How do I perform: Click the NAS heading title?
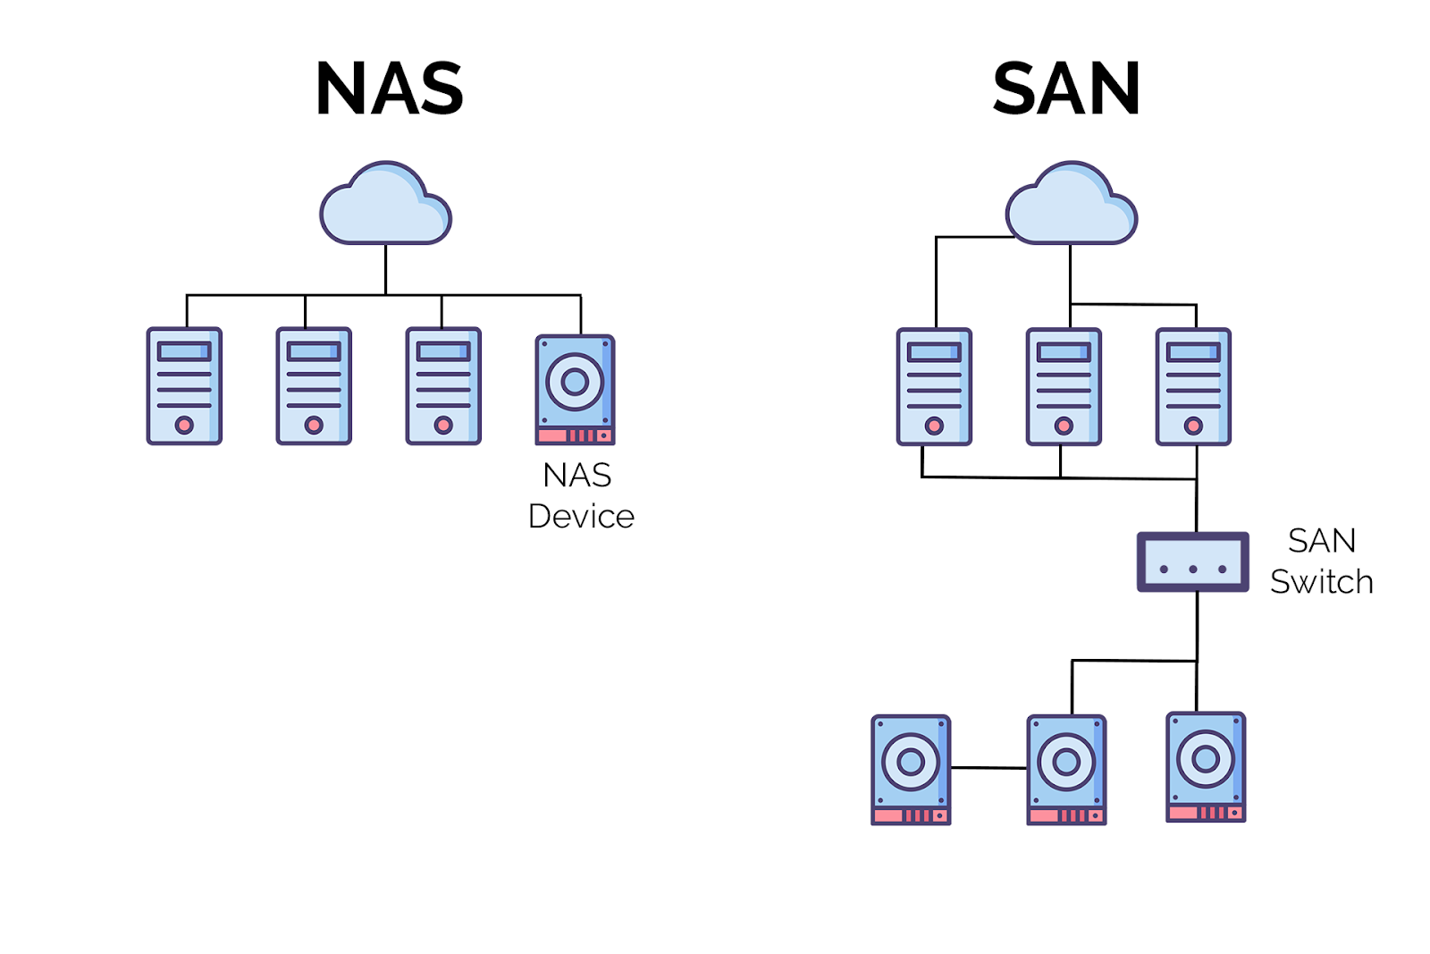[390, 89]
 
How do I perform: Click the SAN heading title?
[1066, 89]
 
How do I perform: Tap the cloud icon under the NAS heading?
[385, 206]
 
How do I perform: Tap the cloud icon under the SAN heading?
[1071, 206]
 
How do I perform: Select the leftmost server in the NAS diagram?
[184, 386]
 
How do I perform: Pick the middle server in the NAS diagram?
[314, 386]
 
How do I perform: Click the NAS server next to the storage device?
[443, 386]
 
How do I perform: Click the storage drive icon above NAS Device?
[575, 390]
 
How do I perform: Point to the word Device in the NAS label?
[581, 517]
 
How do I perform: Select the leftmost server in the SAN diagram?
[934, 386]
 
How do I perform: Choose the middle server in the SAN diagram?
[1064, 386]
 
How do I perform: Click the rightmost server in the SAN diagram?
[1193, 386]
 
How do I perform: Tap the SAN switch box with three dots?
[1192, 562]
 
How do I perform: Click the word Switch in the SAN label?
[1321, 582]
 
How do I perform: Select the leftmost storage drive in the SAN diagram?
[911, 769]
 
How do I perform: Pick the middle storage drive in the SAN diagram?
[1066, 769]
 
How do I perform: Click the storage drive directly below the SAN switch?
[1206, 766]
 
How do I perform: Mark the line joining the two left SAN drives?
[988, 767]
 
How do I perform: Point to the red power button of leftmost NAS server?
[184, 425]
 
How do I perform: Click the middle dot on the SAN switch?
[1192, 570]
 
